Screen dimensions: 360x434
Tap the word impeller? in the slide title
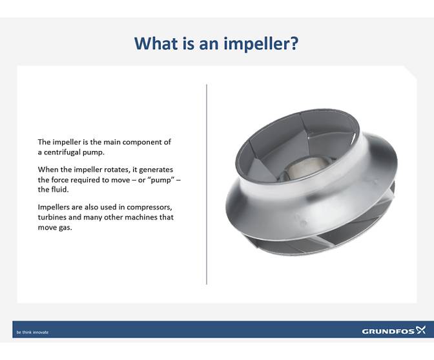click(x=266, y=45)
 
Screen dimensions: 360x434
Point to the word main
click(x=106, y=142)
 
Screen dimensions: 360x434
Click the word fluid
click(x=59, y=190)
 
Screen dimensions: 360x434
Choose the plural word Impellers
click(x=56, y=207)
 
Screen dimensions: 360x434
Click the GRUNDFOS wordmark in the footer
click(x=387, y=332)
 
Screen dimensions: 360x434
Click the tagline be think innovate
click(x=32, y=332)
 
